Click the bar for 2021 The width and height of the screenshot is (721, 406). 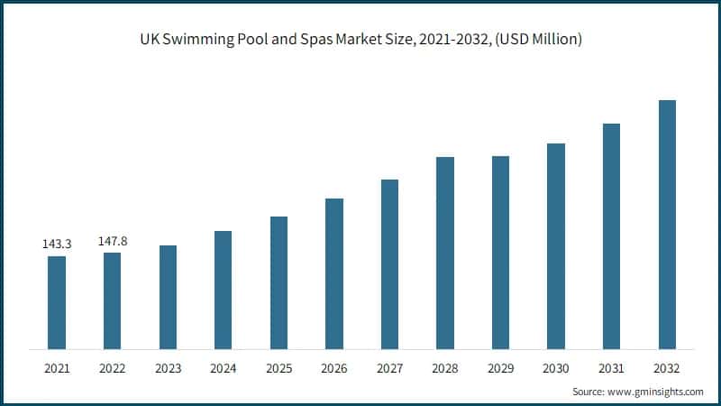[57, 302]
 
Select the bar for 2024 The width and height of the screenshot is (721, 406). [223, 290]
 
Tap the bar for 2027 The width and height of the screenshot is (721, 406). [389, 263]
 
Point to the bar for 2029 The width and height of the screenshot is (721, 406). [500, 252]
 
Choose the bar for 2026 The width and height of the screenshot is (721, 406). [334, 273]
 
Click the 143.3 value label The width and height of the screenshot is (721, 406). [57, 244]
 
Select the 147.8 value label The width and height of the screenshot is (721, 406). [112, 241]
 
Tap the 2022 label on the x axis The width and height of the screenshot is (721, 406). [112, 368]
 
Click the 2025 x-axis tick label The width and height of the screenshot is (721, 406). [278, 368]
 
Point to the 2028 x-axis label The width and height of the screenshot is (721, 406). [445, 368]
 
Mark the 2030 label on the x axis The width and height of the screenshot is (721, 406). [556, 368]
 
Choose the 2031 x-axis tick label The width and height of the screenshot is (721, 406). [612, 368]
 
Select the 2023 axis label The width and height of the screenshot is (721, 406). [168, 368]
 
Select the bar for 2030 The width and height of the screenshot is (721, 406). [556, 245]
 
